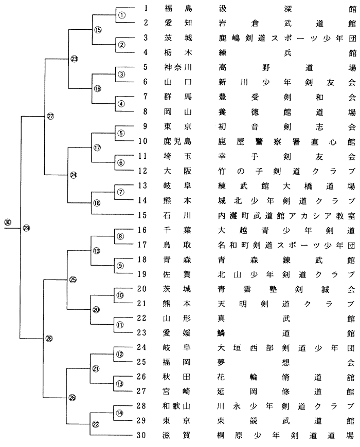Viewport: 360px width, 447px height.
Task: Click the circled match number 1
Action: [122, 15]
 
